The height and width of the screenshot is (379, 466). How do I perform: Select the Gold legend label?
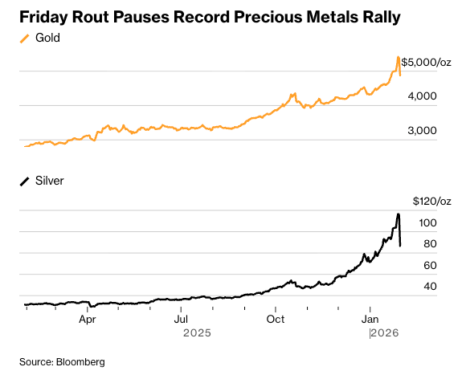(x=47, y=38)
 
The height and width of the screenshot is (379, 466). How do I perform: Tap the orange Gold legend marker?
(x=25, y=38)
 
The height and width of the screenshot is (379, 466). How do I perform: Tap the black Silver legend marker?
(x=25, y=181)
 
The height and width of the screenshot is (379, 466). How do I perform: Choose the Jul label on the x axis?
(x=182, y=319)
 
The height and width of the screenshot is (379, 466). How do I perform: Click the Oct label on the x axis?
(x=276, y=319)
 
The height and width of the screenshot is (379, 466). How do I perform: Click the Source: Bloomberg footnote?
(x=62, y=362)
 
